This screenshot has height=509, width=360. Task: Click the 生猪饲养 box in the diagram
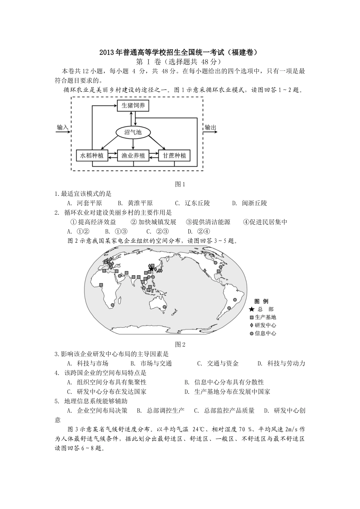[x=133, y=106]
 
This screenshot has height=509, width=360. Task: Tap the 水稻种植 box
[x=92, y=155]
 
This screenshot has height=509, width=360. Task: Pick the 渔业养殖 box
[x=133, y=155]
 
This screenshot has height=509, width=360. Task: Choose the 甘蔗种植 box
[x=174, y=155]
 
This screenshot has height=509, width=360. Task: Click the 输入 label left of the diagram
[x=62, y=127]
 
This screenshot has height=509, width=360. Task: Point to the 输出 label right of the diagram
[x=210, y=127]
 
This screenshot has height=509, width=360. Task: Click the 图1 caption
[x=180, y=184]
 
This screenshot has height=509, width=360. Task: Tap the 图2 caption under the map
[x=180, y=344]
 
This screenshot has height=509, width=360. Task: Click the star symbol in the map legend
[x=252, y=309]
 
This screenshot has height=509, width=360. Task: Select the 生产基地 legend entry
[x=265, y=317]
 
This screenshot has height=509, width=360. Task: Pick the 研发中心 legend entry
[x=265, y=325]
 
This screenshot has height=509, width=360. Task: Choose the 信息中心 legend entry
[x=265, y=333]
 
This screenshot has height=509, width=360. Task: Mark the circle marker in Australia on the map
[x=164, y=307]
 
